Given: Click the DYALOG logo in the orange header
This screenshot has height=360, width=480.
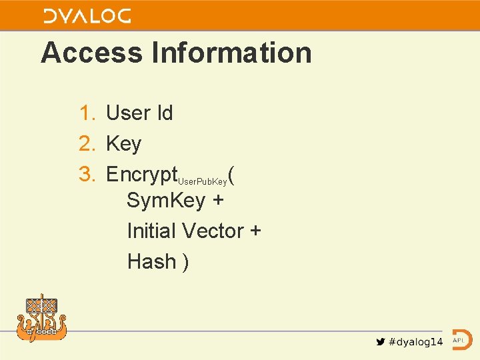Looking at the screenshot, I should pyautogui.click(x=87, y=16).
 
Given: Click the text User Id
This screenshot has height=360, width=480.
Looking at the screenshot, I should pyautogui.click(x=139, y=113).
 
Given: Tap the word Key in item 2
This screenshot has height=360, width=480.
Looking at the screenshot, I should pyautogui.click(x=124, y=144).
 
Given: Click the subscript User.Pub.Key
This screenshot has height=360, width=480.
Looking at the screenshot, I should pyautogui.click(x=202, y=181).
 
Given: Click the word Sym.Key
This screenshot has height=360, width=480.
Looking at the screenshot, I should pyautogui.click(x=166, y=200).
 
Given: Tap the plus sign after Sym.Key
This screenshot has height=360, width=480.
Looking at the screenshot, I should pyautogui.click(x=218, y=201).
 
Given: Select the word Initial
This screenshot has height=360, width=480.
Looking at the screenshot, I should pyautogui.click(x=151, y=231).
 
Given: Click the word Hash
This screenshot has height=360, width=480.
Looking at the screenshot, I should pyautogui.click(x=151, y=261).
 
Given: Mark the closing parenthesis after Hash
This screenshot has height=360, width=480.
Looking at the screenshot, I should pyautogui.click(x=185, y=262).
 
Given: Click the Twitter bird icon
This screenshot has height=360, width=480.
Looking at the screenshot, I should pyautogui.click(x=380, y=342).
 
